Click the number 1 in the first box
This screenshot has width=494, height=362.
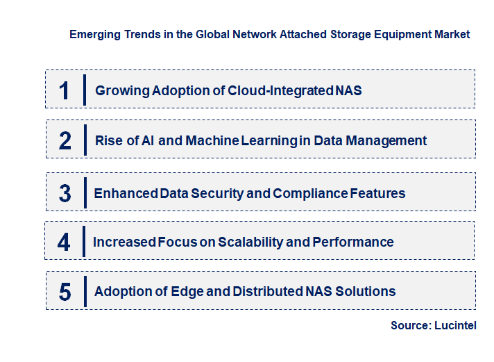tap(65, 90)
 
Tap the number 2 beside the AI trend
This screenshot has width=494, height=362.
tap(65, 141)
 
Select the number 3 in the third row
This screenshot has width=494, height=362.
tap(65, 193)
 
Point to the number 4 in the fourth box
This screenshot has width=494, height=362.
tap(65, 242)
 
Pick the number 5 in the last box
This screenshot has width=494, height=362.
tap(65, 292)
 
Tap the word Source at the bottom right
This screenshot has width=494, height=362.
tap(410, 325)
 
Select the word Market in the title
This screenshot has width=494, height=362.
tap(452, 34)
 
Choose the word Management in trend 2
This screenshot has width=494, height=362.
tap(389, 141)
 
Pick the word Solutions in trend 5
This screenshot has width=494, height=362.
tap(366, 292)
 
